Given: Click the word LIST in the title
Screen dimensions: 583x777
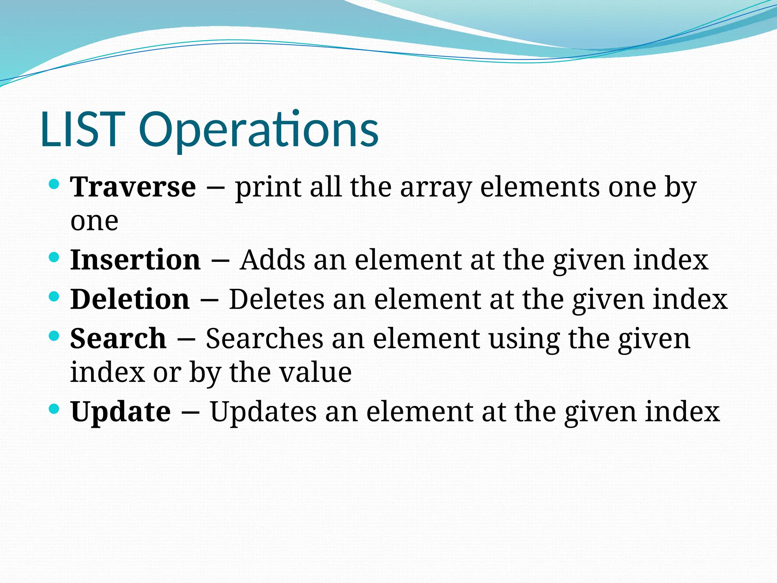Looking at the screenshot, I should point(83,129).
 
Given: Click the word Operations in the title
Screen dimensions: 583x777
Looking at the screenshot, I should point(259,129).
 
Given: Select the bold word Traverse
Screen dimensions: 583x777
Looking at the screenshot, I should point(133,187).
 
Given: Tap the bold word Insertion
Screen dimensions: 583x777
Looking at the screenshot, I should point(135,260).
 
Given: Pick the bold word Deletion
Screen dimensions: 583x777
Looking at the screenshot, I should point(130,299).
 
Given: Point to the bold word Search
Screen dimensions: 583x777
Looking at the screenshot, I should point(118,338).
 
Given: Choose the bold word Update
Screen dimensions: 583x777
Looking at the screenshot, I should point(121,411).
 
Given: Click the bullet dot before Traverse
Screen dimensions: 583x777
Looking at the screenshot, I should point(55,185).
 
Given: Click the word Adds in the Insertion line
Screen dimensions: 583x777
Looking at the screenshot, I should point(272,260).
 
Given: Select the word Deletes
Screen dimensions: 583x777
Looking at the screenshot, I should point(277,299).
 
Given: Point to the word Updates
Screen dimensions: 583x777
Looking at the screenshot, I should point(263,411).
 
